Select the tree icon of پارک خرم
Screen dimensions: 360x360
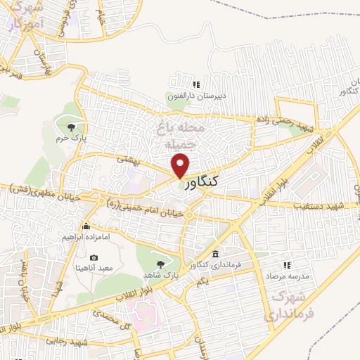71,127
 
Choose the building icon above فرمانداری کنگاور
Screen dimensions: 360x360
214,253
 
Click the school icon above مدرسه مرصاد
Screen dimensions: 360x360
286,265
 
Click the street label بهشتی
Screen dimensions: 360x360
128,162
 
